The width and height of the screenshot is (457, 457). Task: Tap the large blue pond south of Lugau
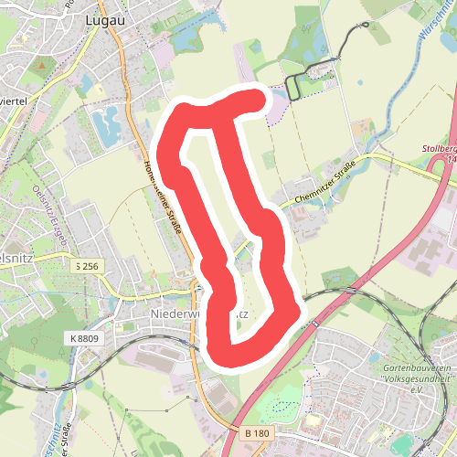click(105, 124)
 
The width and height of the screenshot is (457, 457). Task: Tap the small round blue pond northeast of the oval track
click(360, 83)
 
